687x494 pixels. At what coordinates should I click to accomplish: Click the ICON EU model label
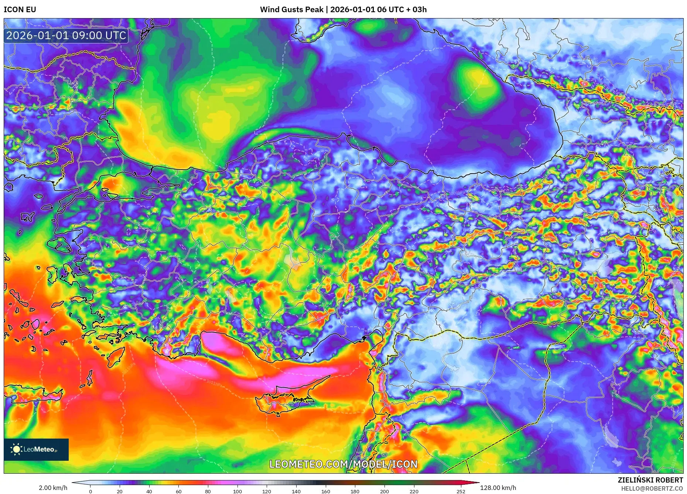(x=20, y=10)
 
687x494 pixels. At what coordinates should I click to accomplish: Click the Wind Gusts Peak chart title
(x=343, y=10)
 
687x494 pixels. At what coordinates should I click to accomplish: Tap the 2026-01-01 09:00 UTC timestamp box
(x=66, y=35)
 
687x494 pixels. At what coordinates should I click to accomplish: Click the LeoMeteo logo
(x=36, y=449)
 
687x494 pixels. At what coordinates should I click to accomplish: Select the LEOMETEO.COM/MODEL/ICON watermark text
(x=343, y=464)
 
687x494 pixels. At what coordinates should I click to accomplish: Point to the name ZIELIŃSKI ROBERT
(x=650, y=480)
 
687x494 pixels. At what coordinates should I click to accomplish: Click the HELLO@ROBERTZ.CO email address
(x=652, y=488)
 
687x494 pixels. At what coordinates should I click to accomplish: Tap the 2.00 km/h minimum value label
(x=53, y=488)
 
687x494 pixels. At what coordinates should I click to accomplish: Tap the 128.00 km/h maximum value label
(x=498, y=488)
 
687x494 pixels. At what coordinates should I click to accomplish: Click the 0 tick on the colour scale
(x=90, y=491)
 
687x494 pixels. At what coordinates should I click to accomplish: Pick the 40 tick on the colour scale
(x=149, y=491)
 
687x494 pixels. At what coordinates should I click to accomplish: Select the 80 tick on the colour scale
(x=208, y=491)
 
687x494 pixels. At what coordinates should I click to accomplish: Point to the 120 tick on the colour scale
(x=267, y=491)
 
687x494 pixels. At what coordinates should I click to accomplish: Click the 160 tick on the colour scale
(x=325, y=491)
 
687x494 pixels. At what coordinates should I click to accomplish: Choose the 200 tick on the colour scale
(x=384, y=491)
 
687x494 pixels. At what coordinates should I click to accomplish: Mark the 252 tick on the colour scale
(x=461, y=491)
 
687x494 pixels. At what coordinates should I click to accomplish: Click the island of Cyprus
(x=284, y=401)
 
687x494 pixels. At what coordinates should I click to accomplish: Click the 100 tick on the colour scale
(x=237, y=491)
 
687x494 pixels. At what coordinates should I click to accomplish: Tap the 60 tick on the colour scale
(x=178, y=491)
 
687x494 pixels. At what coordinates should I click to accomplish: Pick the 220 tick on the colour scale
(x=414, y=491)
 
